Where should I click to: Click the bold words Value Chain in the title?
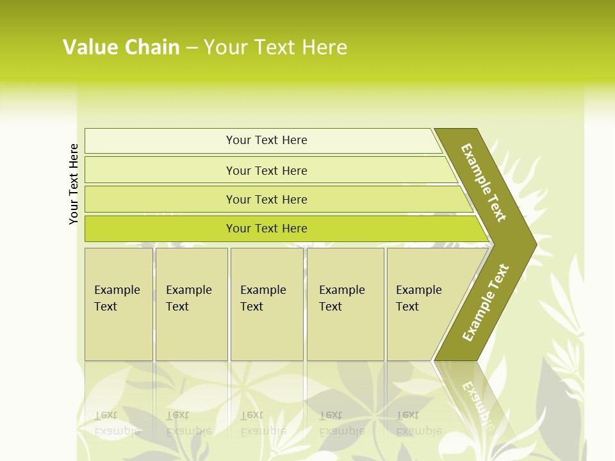(x=121, y=47)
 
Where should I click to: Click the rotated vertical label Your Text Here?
(x=74, y=184)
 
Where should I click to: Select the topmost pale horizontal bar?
(x=160, y=141)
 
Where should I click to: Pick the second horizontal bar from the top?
(x=160, y=170)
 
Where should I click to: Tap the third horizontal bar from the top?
(x=160, y=199)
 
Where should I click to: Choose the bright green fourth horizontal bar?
(x=160, y=229)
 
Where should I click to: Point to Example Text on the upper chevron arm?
(x=484, y=182)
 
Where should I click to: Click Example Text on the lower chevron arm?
(x=485, y=303)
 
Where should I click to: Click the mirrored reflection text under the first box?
(x=117, y=423)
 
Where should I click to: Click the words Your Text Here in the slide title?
(x=275, y=47)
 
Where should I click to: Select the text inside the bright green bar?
(x=266, y=229)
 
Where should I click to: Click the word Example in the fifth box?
(x=418, y=290)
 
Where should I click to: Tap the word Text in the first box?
(x=106, y=307)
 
